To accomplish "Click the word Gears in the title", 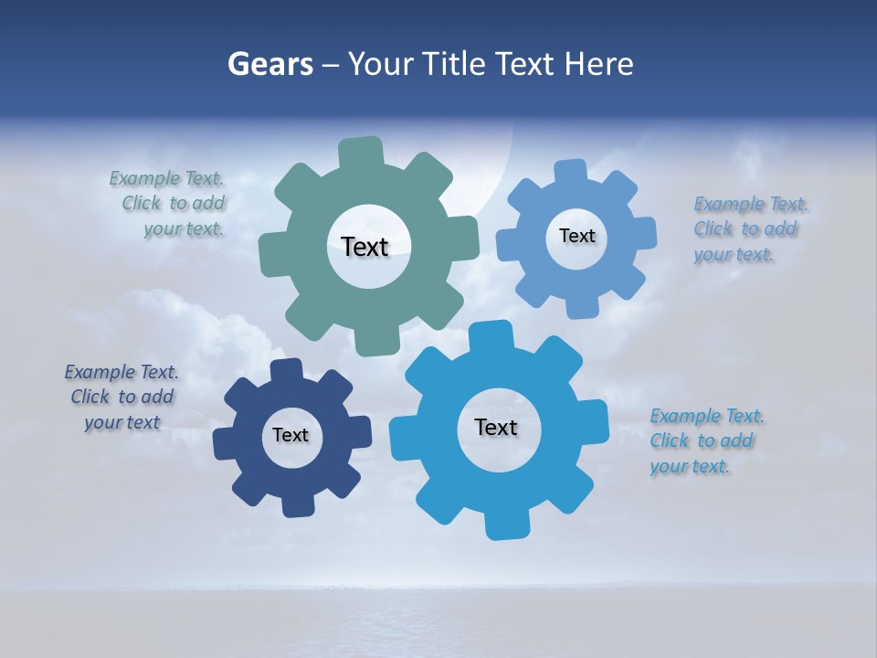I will (269, 64).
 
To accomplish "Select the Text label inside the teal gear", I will (365, 247).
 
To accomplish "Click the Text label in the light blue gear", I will (576, 236).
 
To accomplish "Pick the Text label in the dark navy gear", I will (291, 435).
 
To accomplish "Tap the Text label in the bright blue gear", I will (496, 427).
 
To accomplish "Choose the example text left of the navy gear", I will (122, 397).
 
